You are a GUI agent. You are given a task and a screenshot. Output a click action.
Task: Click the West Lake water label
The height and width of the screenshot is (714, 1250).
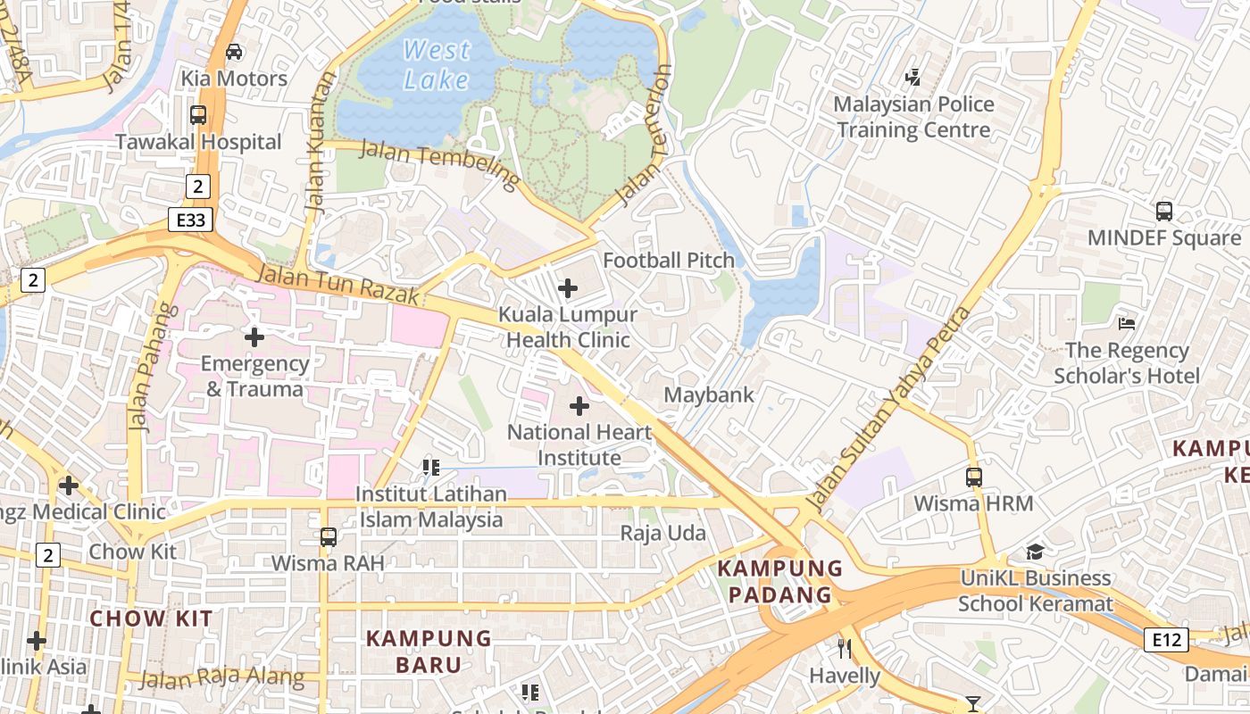(437, 64)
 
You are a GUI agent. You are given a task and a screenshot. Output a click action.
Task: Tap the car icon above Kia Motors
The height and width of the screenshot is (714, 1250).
(234, 52)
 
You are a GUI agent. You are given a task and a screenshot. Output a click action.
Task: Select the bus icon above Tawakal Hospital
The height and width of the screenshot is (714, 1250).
(198, 115)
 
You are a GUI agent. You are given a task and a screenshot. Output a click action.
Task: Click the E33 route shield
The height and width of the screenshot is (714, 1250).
(190, 220)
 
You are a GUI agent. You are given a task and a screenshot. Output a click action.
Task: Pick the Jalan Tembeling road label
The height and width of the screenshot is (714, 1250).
(439, 164)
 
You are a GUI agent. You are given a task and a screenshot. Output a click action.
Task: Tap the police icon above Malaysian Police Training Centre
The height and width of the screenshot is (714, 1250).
(912, 78)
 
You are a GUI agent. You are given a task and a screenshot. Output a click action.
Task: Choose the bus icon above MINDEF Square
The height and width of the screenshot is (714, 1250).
(1163, 212)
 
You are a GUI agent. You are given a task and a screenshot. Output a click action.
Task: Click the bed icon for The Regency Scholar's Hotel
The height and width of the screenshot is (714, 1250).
(1127, 323)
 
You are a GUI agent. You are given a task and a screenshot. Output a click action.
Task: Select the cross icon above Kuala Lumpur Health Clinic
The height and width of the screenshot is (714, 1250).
(567, 288)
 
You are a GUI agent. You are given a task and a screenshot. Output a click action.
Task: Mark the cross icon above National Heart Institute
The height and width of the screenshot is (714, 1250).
(579, 407)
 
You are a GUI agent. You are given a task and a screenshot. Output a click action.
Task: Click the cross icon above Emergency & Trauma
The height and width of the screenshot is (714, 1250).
(254, 337)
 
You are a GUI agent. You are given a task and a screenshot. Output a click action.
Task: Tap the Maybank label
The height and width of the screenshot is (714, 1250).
(709, 394)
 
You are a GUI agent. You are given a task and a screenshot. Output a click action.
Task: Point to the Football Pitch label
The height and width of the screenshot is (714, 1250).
(669, 260)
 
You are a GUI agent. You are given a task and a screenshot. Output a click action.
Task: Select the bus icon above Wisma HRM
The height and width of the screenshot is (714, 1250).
(973, 477)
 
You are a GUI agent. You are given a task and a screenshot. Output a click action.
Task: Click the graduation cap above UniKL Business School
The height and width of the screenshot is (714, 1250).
(1035, 552)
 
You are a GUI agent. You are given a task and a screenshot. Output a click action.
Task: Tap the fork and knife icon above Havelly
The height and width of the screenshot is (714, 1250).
(845, 649)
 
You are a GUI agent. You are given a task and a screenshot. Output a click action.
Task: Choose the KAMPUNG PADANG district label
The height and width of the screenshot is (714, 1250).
(780, 581)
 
